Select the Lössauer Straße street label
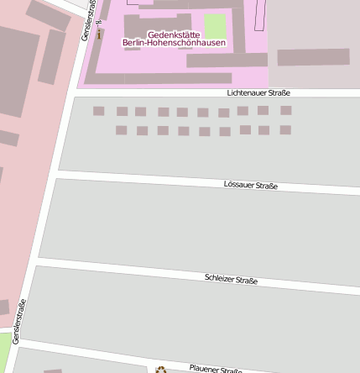(x=251, y=185)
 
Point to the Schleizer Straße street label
(x=231, y=280)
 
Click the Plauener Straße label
(x=216, y=368)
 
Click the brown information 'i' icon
(x=100, y=34)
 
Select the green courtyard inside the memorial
(x=216, y=24)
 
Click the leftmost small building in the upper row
(x=99, y=111)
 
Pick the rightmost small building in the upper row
(x=286, y=110)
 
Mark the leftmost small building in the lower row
(x=121, y=130)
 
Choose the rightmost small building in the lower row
(x=285, y=130)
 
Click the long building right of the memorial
(x=313, y=57)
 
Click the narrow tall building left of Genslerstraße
(x=51, y=56)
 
